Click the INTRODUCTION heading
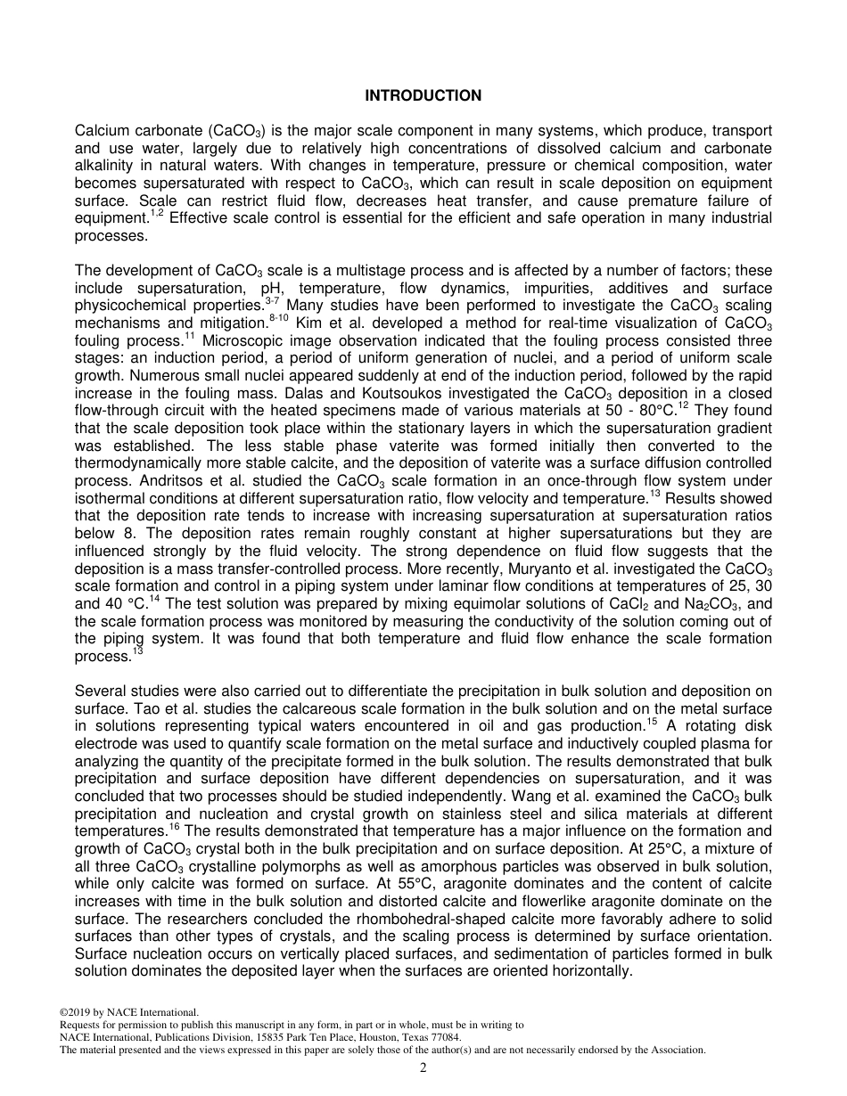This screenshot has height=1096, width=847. coord(423,95)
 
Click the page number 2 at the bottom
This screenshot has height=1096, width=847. coord(423,1068)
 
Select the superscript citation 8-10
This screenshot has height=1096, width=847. coord(276,318)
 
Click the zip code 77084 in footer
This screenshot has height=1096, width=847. coord(443,1037)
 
